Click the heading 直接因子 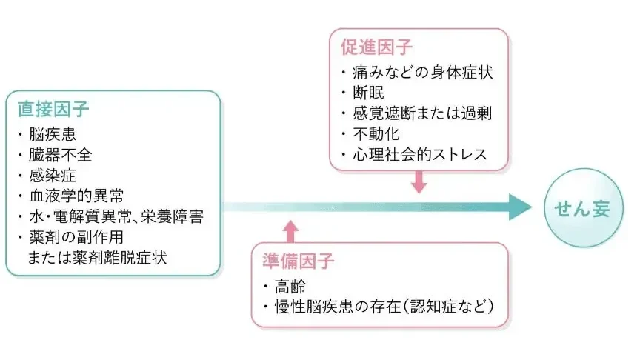[53, 109]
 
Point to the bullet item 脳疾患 [51, 136]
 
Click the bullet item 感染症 [51, 176]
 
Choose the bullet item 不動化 [373, 135]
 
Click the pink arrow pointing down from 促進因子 [419, 181]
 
